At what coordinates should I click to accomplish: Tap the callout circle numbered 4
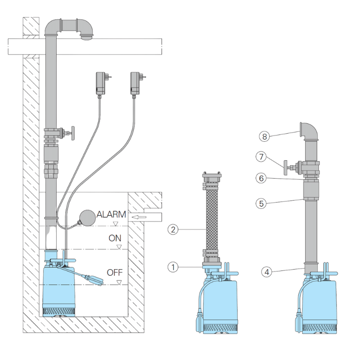267,272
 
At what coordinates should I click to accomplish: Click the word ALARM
111,214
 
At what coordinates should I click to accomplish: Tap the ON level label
115,238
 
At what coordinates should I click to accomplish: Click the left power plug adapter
100,83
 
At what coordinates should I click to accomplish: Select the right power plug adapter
135,83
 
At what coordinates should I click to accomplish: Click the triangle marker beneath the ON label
119,247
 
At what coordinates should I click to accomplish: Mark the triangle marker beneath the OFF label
119,282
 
